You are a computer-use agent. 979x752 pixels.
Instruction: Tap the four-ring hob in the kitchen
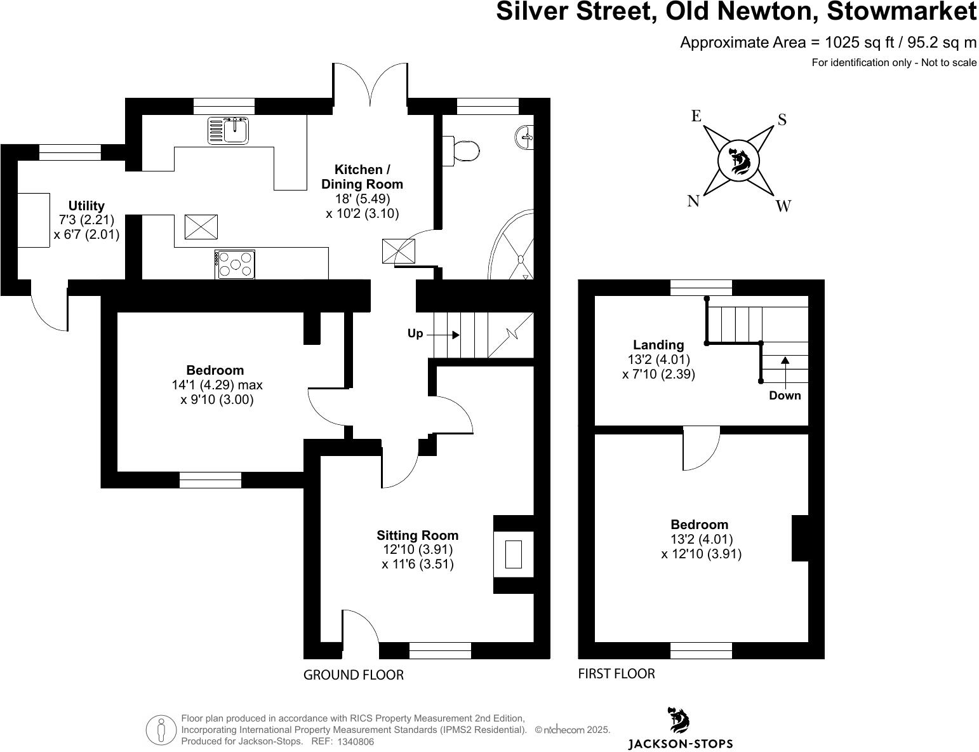(236, 264)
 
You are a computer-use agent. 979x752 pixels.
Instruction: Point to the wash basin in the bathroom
(526, 136)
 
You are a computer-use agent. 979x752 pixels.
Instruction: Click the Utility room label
(86, 206)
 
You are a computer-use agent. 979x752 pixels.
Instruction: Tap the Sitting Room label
(417, 535)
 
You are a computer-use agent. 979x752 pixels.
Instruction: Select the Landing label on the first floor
(658, 345)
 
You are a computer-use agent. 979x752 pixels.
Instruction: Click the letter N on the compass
(693, 201)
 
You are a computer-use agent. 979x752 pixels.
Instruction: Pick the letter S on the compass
(782, 119)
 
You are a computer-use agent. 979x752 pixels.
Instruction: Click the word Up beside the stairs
(415, 333)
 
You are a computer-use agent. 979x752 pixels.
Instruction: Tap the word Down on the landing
(785, 396)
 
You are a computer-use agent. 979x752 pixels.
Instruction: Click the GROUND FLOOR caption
(353, 675)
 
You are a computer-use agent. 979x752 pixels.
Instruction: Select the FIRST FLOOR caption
(616, 673)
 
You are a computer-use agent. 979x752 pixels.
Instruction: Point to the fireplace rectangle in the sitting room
(513, 554)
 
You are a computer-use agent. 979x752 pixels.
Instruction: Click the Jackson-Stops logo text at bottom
(680, 744)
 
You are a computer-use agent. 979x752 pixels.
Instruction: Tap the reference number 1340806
(356, 742)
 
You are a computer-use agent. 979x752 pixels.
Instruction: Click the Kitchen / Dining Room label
(362, 177)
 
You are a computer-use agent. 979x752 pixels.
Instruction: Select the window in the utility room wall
(70, 152)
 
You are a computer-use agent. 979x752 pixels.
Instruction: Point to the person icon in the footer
(161, 729)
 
